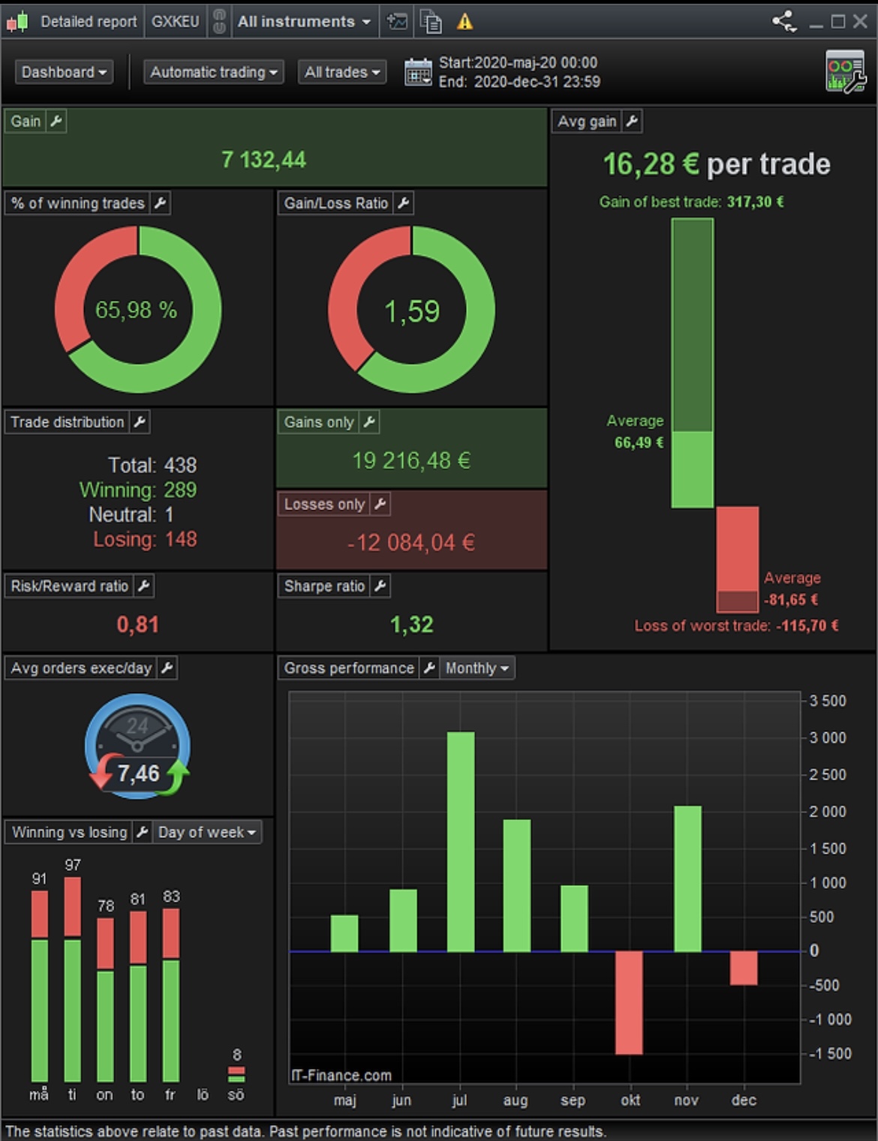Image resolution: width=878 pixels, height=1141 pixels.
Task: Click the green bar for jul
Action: [461, 842]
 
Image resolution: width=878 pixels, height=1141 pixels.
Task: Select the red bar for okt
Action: [629, 1002]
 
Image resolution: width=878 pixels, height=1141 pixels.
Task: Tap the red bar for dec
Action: [743, 968]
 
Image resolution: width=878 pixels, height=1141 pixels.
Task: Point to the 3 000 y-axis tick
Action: [828, 737]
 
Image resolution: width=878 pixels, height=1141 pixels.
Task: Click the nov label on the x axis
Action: [686, 1100]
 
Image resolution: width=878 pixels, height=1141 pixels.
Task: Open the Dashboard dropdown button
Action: [64, 72]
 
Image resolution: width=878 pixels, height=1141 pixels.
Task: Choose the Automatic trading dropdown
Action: [214, 72]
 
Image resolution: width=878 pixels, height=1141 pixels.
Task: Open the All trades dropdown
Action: [342, 72]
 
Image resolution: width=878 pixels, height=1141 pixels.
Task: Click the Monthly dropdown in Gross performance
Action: [477, 668]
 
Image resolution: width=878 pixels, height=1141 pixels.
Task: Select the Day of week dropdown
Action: [207, 832]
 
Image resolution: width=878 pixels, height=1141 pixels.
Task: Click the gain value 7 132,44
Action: [263, 160]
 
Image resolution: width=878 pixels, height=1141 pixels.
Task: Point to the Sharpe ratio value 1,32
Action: [411, 624]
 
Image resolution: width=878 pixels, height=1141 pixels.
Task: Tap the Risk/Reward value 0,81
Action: [137, 624]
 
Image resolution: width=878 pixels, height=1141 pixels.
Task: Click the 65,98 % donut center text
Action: [136, 310]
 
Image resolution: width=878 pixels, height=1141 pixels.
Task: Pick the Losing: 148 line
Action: [145, 539]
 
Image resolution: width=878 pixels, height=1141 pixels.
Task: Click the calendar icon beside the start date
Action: [418, 72]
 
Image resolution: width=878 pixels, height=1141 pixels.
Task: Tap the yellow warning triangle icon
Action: [465, 22]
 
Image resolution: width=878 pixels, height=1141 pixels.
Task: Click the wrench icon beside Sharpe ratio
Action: [380, 586]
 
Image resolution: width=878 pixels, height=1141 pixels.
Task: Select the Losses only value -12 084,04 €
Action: [411, 542]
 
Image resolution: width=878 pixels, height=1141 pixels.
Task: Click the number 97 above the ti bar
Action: [72, 865]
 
